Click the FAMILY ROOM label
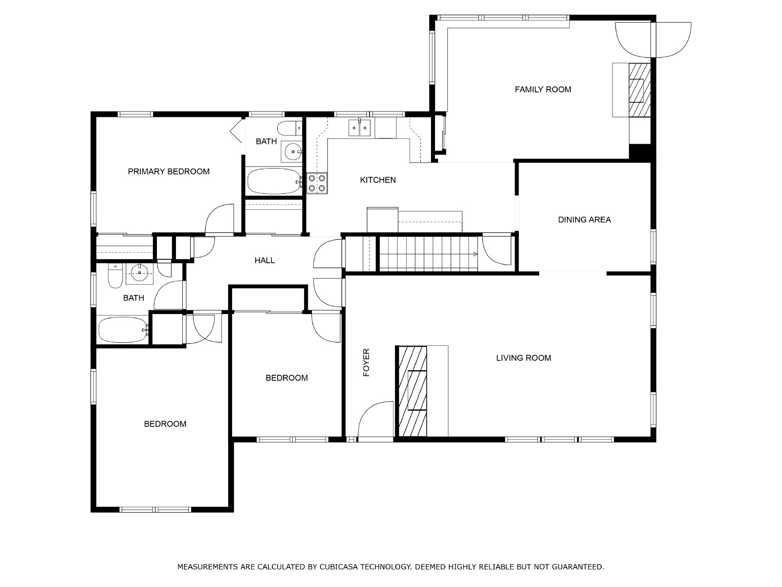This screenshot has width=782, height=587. point(543,90)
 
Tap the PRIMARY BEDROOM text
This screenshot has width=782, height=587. point(169,171)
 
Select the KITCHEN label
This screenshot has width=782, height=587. point(378,180)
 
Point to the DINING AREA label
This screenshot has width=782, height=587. point(584,220)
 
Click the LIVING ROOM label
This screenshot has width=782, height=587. point(523,358)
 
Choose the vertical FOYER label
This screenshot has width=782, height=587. point(366,362)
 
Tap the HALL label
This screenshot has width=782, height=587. point(264,261)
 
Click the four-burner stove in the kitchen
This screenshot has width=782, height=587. point(317,183)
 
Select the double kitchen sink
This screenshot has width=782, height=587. point(359,128)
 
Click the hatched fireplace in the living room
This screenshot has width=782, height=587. point(413,391)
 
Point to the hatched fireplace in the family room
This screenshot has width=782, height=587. point(639,90)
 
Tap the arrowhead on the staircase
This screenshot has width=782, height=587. point(475,254)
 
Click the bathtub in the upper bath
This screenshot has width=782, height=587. point(274,181)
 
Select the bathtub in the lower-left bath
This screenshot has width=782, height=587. point(123,330)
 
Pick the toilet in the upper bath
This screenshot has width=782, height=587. point(289,128)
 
